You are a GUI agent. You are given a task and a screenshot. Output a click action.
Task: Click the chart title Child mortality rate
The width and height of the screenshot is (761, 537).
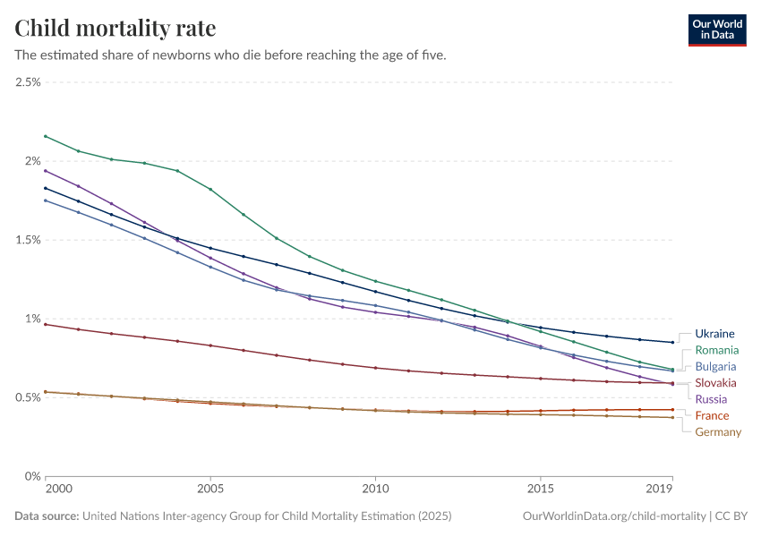[x=115, y=29]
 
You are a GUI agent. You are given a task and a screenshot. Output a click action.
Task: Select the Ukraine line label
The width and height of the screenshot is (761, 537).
[x=714, y=334]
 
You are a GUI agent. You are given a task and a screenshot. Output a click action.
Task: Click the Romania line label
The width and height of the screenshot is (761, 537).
[x=717, y=350]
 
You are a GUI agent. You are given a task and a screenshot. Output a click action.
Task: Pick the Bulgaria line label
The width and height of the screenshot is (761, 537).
[x=715, y=366]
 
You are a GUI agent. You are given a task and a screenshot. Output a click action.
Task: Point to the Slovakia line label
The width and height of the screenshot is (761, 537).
[x=715, y=383]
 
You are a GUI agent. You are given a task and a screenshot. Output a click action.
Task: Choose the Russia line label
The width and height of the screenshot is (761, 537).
[x=711, y=399]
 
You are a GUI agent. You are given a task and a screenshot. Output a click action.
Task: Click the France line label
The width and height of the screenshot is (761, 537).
[x=712, y=415]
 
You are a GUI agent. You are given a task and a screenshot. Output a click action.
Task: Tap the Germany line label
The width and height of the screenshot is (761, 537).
[x=718, y=432]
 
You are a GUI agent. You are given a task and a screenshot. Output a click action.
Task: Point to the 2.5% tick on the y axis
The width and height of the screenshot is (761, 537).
[x=28, y=82]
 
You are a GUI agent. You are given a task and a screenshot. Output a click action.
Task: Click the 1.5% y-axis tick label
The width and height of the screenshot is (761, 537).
[x=28, y=240]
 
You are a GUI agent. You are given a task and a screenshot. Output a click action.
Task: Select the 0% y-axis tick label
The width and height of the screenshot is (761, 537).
[x=33, y=476]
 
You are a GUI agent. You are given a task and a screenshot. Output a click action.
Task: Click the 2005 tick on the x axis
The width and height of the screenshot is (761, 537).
[x=210, y=490]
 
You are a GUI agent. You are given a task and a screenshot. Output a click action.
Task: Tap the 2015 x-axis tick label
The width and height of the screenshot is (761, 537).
[x=540, y=490]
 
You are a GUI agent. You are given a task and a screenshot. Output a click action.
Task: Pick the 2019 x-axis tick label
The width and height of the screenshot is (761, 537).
[x=660, y=490]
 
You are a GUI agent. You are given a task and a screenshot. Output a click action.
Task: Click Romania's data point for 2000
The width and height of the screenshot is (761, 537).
[x=46, y=136]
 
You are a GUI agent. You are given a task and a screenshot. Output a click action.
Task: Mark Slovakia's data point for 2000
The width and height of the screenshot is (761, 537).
[x=46, y=324]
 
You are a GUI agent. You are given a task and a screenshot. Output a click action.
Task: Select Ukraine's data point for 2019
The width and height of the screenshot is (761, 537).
[x=672, y=342]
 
